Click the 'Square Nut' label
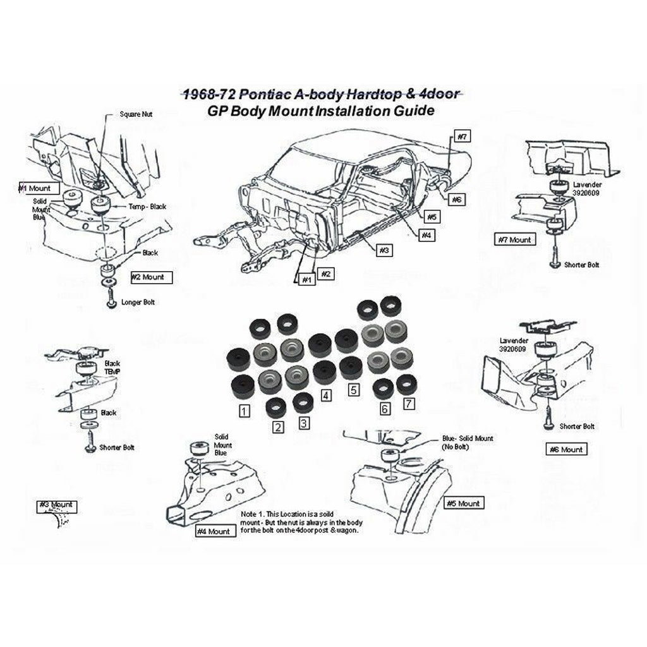point(136,114)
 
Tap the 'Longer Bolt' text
point(138,303)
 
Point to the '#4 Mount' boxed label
point(214,531)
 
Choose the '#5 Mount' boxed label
point(464,504)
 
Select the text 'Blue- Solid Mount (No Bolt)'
point(468,442)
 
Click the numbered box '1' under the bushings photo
point(244,411)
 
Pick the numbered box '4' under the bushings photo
point(326,396)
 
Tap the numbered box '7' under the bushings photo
point(409,403)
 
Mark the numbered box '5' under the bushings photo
point(354,390)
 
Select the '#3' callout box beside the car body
point(384,250)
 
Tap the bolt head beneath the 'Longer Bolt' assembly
point(111,304)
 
